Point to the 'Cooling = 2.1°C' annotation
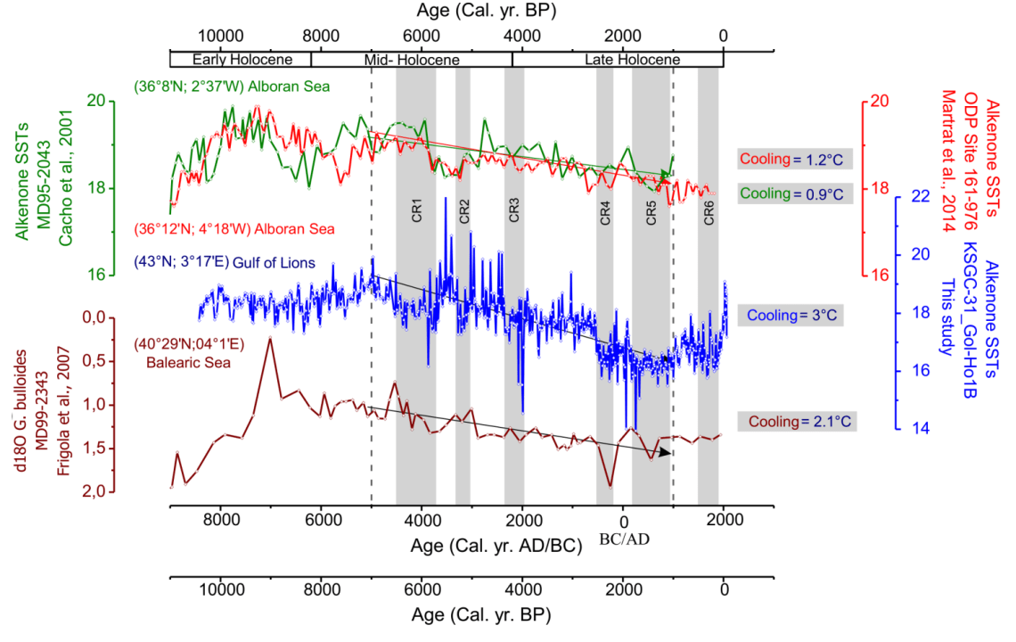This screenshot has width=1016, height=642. [797, 421]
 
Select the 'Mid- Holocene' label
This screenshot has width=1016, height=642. [412, 60]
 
